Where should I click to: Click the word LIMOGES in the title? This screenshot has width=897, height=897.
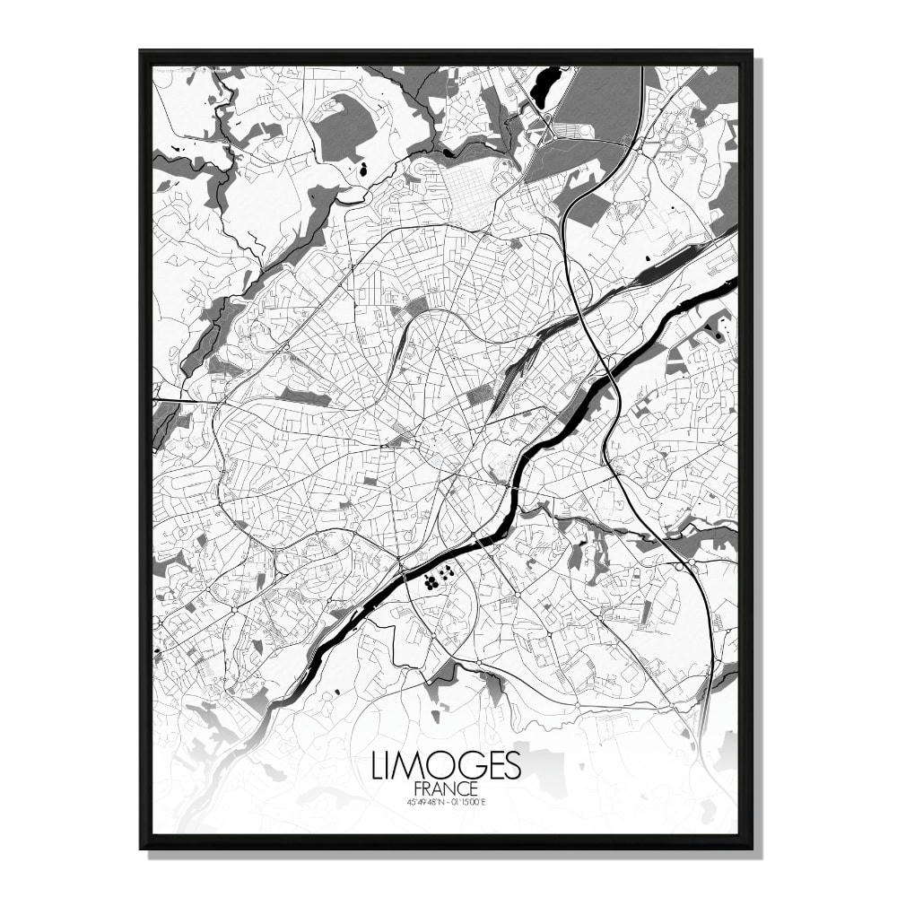click(x=445, y=766)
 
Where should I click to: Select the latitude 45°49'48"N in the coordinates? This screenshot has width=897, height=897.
click(x=425, y=801)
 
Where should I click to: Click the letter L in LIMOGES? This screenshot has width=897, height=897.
click(x=377, y=766)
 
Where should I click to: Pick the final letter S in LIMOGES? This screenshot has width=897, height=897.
click(x=512, y=766)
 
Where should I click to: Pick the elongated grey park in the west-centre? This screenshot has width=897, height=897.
click(x=305, y=396)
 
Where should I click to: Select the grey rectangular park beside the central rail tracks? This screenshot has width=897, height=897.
click(x=479, y=395)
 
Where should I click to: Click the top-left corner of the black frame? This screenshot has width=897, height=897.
click(x=141, y=52)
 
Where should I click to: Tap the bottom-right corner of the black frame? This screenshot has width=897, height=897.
click(x=752, y=848)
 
